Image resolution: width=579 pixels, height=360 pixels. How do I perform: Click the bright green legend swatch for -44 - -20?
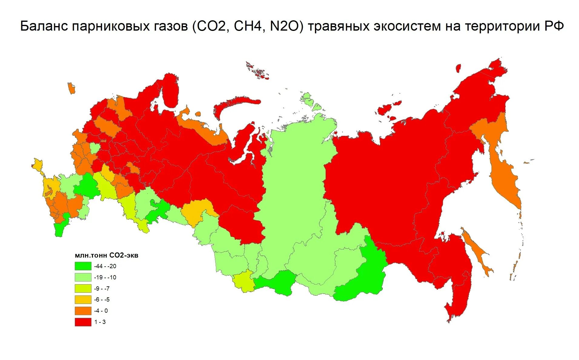click(x=83, y=266)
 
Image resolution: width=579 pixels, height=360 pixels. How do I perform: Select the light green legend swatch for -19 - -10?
click(x=83, y=277)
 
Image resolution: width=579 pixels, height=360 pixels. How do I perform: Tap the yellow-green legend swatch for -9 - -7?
click(x=83, y=288)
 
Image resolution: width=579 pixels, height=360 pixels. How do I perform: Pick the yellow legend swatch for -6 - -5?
click(x=83, y=300)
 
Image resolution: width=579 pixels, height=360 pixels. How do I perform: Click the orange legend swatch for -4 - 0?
click(x=83, y=311)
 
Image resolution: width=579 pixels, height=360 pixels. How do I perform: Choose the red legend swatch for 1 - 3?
click(x=83, y=322)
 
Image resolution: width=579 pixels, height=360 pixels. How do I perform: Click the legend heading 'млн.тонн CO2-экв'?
click(x=106, y=255)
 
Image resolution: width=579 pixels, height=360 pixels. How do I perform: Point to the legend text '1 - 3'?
click(x=100, y=322)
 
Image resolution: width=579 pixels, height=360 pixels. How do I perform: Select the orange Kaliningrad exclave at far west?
click(x=71, y=88)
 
